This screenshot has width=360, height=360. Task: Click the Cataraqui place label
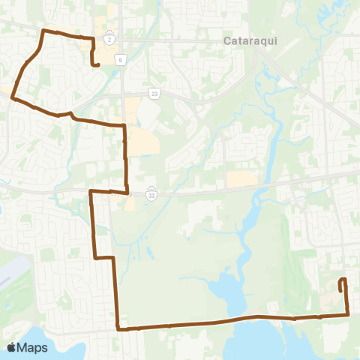pyautogui.click(x=250, y=42)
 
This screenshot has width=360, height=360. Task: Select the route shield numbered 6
pyautogui.click(x=119, y=58)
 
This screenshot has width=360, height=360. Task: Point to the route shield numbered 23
pyautogui.click(x=154, y=93)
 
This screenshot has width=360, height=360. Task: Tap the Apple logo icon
pyautogui.click(x=12, y=347)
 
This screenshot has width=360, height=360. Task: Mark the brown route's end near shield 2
pyautogui.click(x=98, y=65)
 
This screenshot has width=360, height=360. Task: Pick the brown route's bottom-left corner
pyautogui.click(x=118, y=328)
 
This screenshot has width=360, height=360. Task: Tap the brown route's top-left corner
pyautogui.click(x=43, y=31)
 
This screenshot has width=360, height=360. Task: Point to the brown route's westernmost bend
pyautogui.click(x=12, y=97)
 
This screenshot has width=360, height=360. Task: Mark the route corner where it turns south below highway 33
pyautogui.click(x=90, y=192)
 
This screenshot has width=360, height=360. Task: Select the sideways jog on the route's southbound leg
pyautogui.click(x=103, y=257)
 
